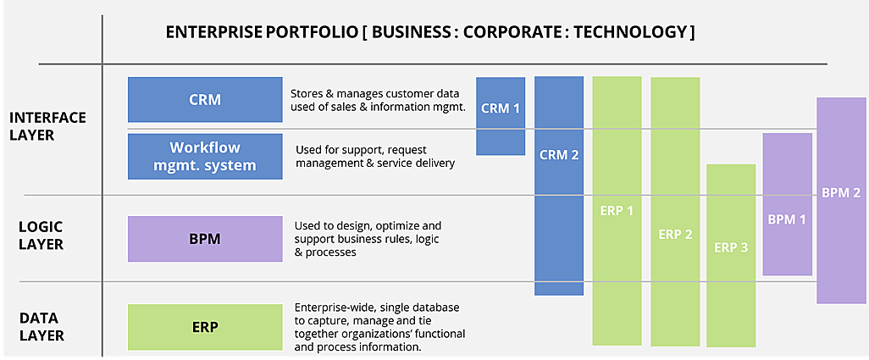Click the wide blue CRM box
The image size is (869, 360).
point(205,100)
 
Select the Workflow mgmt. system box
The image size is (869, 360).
point(205,156)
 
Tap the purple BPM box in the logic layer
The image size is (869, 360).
point(205,239)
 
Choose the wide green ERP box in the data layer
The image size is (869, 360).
point(205,327)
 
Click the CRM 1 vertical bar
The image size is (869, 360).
point(501,116)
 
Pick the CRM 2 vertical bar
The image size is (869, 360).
point(559,186)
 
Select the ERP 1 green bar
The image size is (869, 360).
point(617,210)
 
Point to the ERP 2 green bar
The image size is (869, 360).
point(675,212)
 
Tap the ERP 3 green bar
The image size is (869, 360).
point(731,255)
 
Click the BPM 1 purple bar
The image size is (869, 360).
point(788,204)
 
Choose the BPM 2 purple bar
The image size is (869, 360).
point(841,201)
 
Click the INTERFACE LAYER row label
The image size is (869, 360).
point(47,126)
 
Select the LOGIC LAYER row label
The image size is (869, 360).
point(41,235)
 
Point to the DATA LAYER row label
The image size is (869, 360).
point(42,327)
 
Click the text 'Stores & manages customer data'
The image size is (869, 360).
point(375,94)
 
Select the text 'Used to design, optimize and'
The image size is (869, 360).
point(368,226)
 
